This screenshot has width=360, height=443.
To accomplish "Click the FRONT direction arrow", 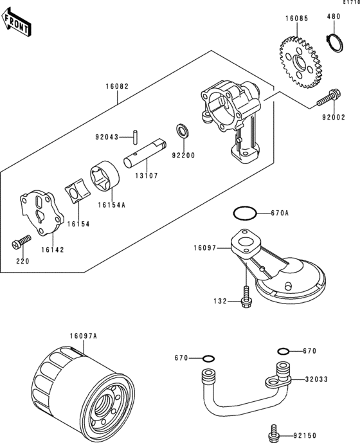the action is (15, 22).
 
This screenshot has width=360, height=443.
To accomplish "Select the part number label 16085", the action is (297, 19).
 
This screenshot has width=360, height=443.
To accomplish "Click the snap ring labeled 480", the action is (334, 42).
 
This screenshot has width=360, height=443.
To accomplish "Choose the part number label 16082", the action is (117, 86).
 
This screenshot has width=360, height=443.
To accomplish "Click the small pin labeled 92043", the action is (136, 137).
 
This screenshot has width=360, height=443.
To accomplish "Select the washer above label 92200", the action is (183, 131).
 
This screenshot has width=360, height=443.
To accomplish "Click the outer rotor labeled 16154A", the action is (105, 176).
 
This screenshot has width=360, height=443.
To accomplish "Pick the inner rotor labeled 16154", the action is (77, 191).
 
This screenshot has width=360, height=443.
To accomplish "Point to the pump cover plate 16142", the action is (42, 212).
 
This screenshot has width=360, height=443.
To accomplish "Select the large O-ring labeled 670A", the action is (245, 213).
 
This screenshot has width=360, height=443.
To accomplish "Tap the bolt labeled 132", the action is (246, 296).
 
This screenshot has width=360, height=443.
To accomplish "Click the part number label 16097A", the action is (84, 336).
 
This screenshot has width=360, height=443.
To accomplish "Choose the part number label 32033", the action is (316, 379).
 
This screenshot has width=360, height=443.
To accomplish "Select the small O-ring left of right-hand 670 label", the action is (283, 352).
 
